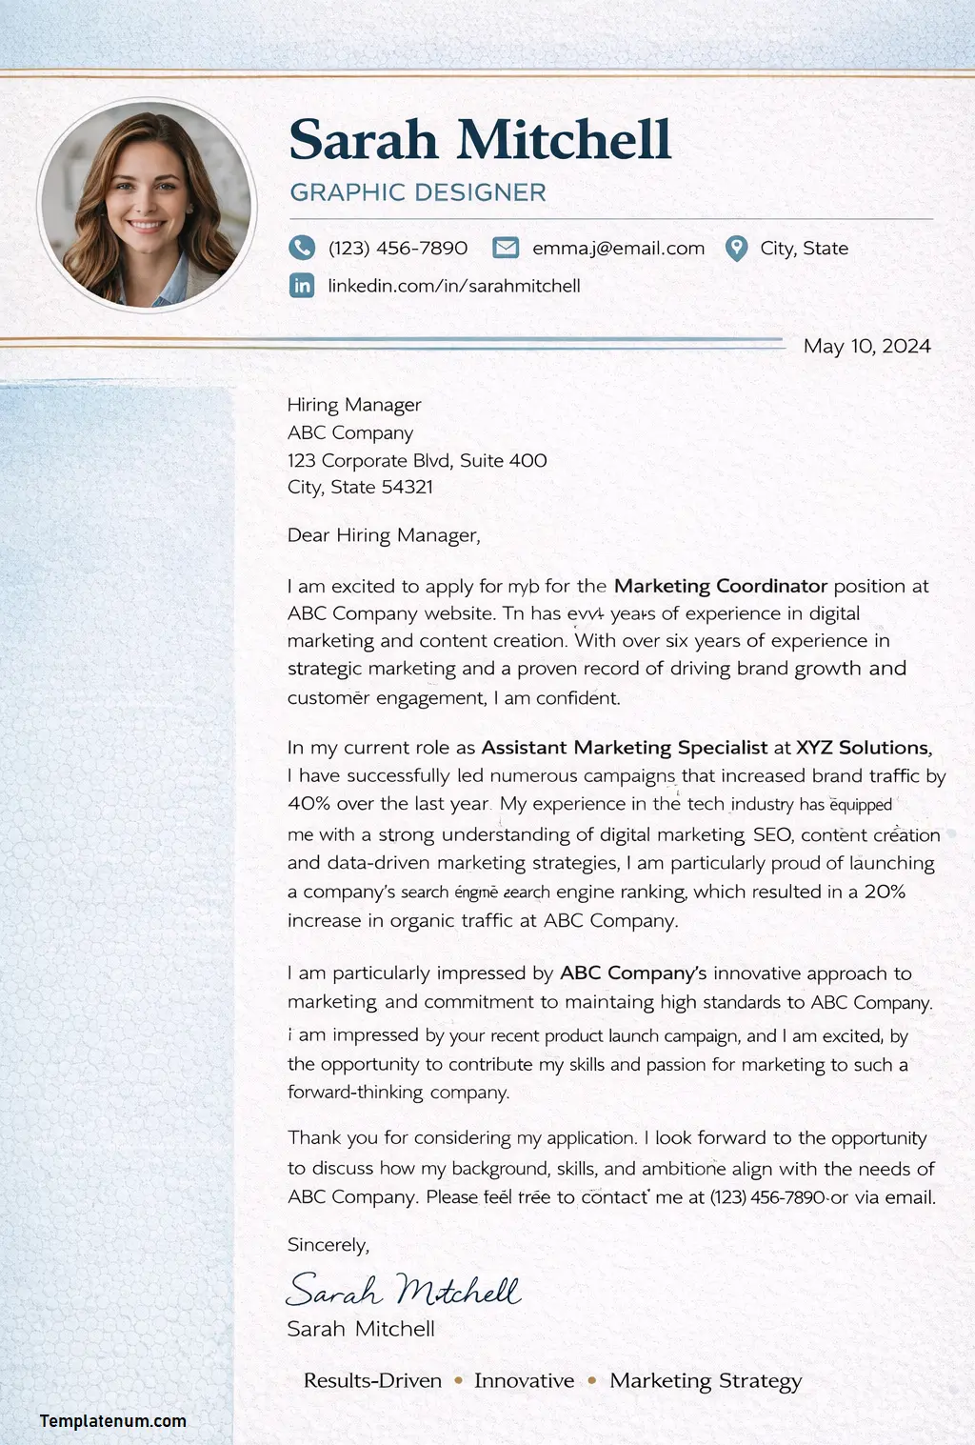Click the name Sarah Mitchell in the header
480,140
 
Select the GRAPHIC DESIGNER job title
418,192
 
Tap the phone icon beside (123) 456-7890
302,248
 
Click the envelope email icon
506,248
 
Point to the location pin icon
736,249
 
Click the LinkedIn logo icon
302,285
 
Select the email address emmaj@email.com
618,249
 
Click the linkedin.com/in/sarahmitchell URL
453,286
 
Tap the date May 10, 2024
866,346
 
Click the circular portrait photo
148,205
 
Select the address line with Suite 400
417,460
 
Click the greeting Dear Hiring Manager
384,535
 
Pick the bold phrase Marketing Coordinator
721,586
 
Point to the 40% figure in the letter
308,803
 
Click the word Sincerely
328,1245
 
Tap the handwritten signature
403,1290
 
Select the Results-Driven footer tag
372,1380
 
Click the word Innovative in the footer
524,1380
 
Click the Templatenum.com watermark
113,1420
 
